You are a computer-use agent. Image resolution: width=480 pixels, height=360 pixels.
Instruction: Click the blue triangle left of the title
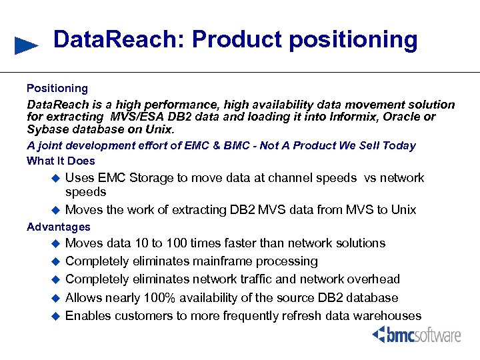[26, 45]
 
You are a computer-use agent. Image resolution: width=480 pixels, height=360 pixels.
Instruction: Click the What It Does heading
[61, 161]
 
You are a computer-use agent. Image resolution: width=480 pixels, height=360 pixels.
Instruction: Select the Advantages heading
[58, 227]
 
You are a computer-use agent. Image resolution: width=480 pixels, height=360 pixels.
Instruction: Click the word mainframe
[217, 261]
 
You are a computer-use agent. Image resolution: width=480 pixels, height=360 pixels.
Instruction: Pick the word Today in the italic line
[399, 145]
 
